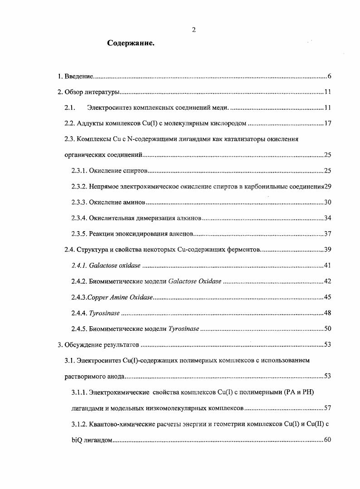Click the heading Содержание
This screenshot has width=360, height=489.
click(131, 44)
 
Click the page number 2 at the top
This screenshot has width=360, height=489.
click(194, 30)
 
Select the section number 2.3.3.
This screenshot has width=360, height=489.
click(79, 203)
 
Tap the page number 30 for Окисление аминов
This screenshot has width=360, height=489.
click(328, 203)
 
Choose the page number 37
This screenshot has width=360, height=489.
click(328, 234)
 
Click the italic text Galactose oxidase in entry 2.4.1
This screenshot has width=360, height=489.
click(115, 266)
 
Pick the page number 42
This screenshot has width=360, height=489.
click(328, 281)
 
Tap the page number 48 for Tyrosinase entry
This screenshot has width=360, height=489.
click(328, 313)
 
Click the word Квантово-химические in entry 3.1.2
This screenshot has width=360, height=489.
click(118, 424)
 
